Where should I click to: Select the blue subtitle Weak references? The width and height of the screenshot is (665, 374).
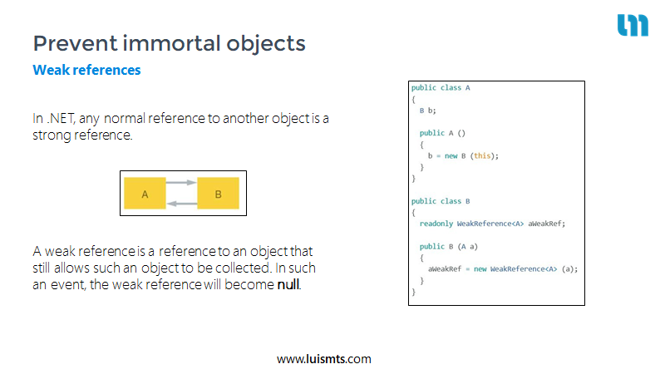click(86, 70)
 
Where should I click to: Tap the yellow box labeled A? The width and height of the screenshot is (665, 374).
click(145, 194)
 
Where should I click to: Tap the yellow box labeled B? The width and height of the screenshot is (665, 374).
click(218, 194)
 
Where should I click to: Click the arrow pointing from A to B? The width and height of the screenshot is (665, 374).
click(181, 183)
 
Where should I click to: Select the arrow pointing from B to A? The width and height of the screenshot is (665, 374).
click(182, 204)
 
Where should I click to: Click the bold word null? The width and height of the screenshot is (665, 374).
click(288, 284)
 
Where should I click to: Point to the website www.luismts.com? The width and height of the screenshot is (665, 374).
click(324, 359)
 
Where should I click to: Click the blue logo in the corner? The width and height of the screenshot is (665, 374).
click(633, 25)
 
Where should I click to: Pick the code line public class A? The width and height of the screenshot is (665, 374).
click(441, 88)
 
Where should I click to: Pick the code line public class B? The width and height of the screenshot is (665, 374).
click(441, 201)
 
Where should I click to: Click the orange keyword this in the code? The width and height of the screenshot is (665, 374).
click(482, 155)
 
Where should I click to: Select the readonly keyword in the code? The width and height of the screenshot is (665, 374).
click(436, 224)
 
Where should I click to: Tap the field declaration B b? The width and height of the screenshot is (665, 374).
click(427, 111)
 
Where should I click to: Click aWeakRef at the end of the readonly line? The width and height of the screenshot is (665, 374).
click(544, 224)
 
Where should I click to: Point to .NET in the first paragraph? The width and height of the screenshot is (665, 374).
click(61, 118)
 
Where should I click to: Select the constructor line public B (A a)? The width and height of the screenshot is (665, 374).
click(449, 246)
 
